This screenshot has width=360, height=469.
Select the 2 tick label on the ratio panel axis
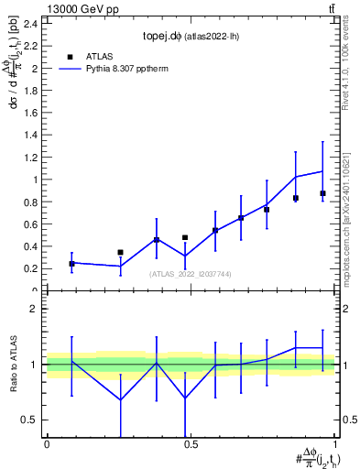33,310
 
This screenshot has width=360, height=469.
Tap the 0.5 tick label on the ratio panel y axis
29,420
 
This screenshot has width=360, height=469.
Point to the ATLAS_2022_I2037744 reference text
190,274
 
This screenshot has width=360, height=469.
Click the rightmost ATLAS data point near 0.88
322,193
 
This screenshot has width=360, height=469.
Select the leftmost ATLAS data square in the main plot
71,264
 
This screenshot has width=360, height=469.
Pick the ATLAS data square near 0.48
185,237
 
